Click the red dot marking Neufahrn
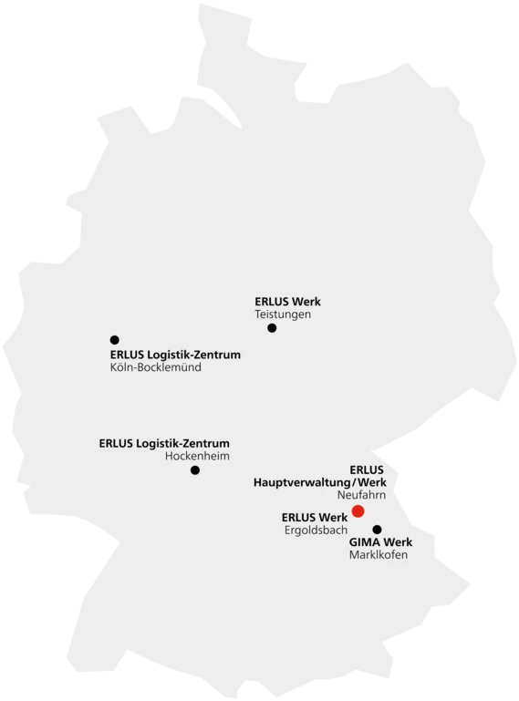tap(358, 510)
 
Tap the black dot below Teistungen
tap(272, 328)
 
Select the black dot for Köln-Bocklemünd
tap(115, 340)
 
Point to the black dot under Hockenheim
tap(195, 470)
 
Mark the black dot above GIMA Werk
tap(378, 530)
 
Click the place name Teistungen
tap(283, 314)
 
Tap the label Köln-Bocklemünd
tap(156, 367)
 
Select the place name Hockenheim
tap(197, 456)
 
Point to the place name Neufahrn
tap(361, 495)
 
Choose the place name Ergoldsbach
tap(316, 531)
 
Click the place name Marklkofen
tap(379, 555)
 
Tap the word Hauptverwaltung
tap(303, 483)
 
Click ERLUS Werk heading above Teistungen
tap(287, 302)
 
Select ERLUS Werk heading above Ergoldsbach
tap(315, 518)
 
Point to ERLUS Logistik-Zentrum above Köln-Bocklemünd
tap(175, 355)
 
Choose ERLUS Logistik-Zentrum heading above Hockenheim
tap(164, 444)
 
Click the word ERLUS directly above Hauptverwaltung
tap(367, 470)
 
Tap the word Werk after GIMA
tap(398, 542)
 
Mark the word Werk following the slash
tap(372, 483)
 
